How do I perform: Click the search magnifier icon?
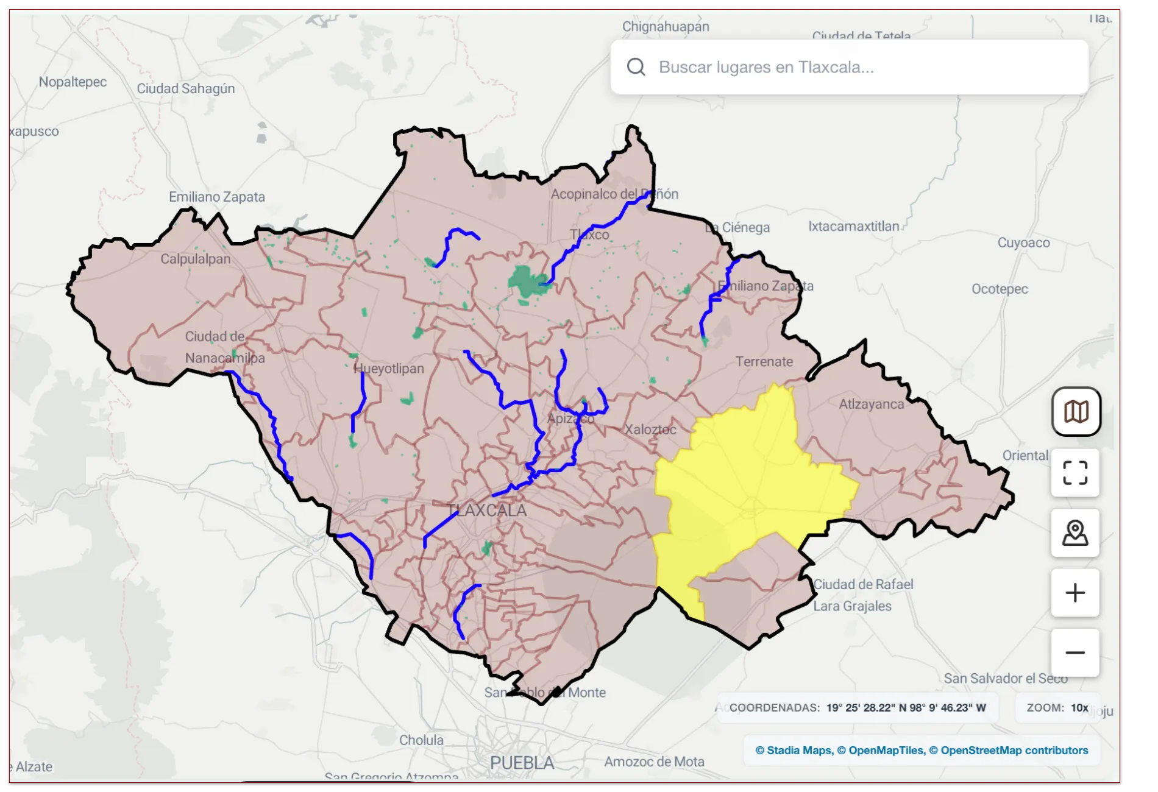pyautogui.click(x=636, y=67)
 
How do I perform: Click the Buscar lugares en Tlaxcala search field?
pyautogui.click(x=853, y=67)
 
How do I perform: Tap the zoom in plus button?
pyautogui.click(x=1075, y=593)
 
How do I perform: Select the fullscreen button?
pyautogui.click(x=1075, y=473)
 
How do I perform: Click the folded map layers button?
pyautogui.click(x=1076, y=412)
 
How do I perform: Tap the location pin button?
pyautogui.click(x=1075, y=533)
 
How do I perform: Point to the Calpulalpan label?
pyautogui.click(x=196, y=259)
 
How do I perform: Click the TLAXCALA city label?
pyautogui.click(x=487, y=511)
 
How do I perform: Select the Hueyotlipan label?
pyautogui.click(x=389, y=369)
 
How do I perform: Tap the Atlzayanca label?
pyautogui.click(x=871, y=404)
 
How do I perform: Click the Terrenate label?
pyautogui.click(x=764, y=362)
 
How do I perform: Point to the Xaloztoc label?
pyautogui.click(x=650, y=430)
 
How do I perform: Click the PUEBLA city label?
pyautogui.click(x=522, y=763)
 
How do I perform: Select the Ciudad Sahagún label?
pyautogui.click(x=186, y=88)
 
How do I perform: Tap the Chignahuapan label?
pyautogui.click(x=666, y=27)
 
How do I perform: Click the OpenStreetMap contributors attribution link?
pyautogui.click(x=1014, y=751)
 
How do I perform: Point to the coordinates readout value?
pyautogui.click(x=906, y=708)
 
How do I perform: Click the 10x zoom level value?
pyautogui.click(x=1079, y=708)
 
